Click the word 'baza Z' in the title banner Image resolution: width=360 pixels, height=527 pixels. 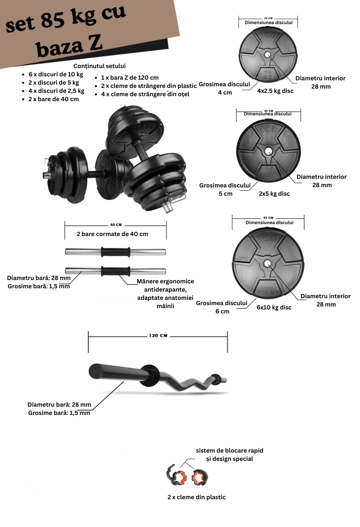(69, 46)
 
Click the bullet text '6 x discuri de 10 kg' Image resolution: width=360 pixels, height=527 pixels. (56, 74)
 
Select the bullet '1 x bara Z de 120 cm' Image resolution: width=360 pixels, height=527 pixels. (130, 78)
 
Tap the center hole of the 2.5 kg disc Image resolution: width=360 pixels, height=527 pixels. (268, 55)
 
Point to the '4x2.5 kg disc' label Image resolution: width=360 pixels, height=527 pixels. (275, 91)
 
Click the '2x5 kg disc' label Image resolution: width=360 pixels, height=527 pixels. (274, 194)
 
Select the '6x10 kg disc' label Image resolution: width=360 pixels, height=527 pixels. (274, 307)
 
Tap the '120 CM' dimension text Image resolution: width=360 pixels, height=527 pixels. (158, 336)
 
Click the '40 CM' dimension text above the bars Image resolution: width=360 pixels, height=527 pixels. (116, 225)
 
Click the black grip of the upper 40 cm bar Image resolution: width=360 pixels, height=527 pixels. (115, 252)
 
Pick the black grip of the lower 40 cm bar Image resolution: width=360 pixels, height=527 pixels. (115, 271)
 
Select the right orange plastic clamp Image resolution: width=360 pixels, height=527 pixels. (199, 477)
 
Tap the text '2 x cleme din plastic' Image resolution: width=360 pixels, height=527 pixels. (196, 497)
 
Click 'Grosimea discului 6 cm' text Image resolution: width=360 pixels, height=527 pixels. (222, 307)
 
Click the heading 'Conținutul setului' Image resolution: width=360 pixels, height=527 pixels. (100, 66)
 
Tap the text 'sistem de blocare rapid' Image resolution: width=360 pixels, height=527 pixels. (229, 451)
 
